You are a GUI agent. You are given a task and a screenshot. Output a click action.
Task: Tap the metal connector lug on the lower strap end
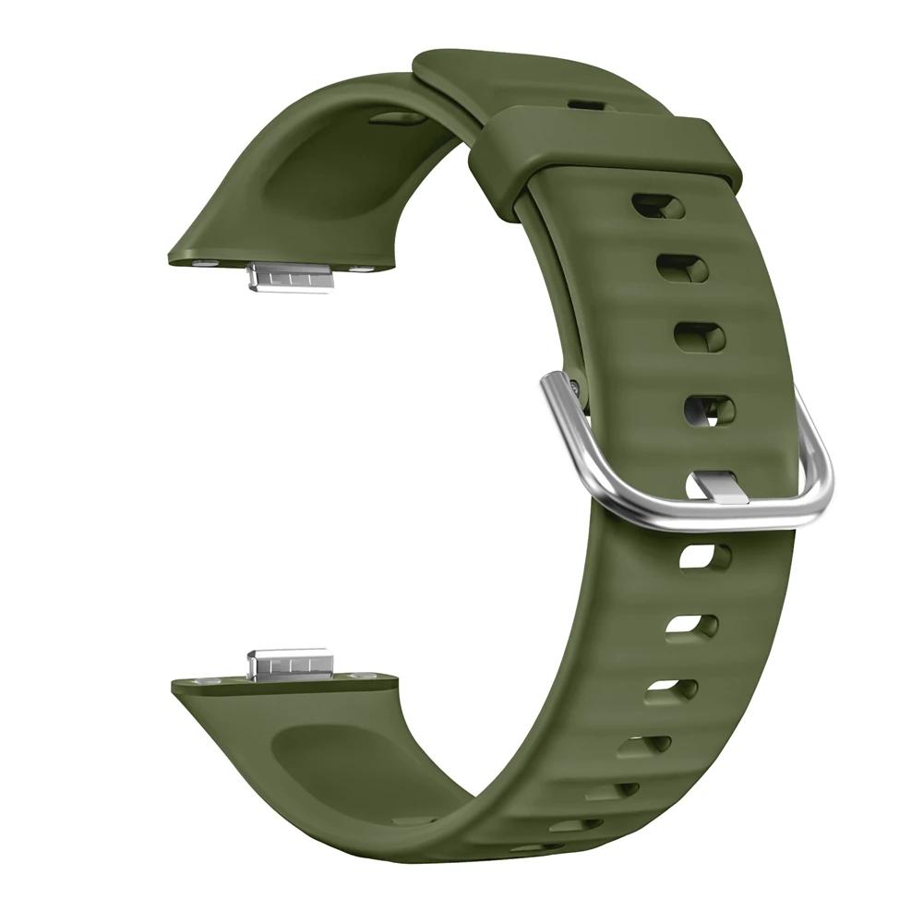(x=289, y=663)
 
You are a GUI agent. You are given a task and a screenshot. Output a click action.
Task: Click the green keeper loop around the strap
(x=605, y=148)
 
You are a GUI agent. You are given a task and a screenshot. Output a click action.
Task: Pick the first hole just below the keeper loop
(x=657, y=206)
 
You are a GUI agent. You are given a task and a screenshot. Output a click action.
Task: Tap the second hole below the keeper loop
(x=681, y=268)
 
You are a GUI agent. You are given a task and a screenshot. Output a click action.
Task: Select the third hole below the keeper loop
(x=699, y=337)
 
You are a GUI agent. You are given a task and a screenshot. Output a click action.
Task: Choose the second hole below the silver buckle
(x=692, y=625)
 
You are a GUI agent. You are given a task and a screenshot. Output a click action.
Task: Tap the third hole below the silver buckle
(x=671, y=689)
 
